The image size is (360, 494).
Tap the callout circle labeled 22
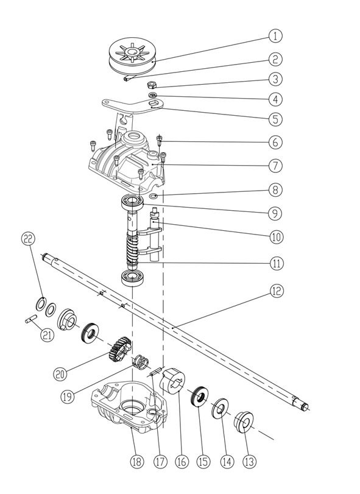click(27, 239)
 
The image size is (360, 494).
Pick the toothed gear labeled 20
click(119, 349)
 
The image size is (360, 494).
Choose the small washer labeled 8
click(154, 197)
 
